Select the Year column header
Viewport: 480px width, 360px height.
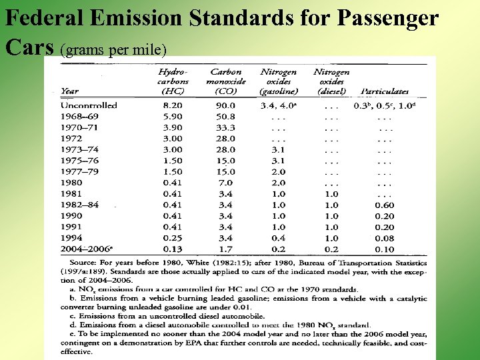click(69, 91)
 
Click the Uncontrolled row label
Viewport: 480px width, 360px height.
click(89, 105)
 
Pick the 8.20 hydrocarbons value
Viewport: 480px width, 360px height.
click(173, 105)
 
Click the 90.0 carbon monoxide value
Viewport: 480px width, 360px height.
click(225, 105)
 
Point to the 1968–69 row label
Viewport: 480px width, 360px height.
click(80, 117)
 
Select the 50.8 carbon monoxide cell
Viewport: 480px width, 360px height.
click(225, 117)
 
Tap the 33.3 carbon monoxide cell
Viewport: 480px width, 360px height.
click(225, 127)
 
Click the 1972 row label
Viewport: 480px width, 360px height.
click(71, 139)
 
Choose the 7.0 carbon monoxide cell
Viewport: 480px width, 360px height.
click(225, 183)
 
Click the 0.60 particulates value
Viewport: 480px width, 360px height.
click(384, 205)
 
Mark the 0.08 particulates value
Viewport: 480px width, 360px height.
click(384, 238)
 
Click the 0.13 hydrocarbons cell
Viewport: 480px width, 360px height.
click(173, 249)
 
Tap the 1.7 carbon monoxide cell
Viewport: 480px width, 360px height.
click(225, 249)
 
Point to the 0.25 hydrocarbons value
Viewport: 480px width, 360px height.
click(173, 238)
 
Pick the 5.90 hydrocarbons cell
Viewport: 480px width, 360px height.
click(173, 117)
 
